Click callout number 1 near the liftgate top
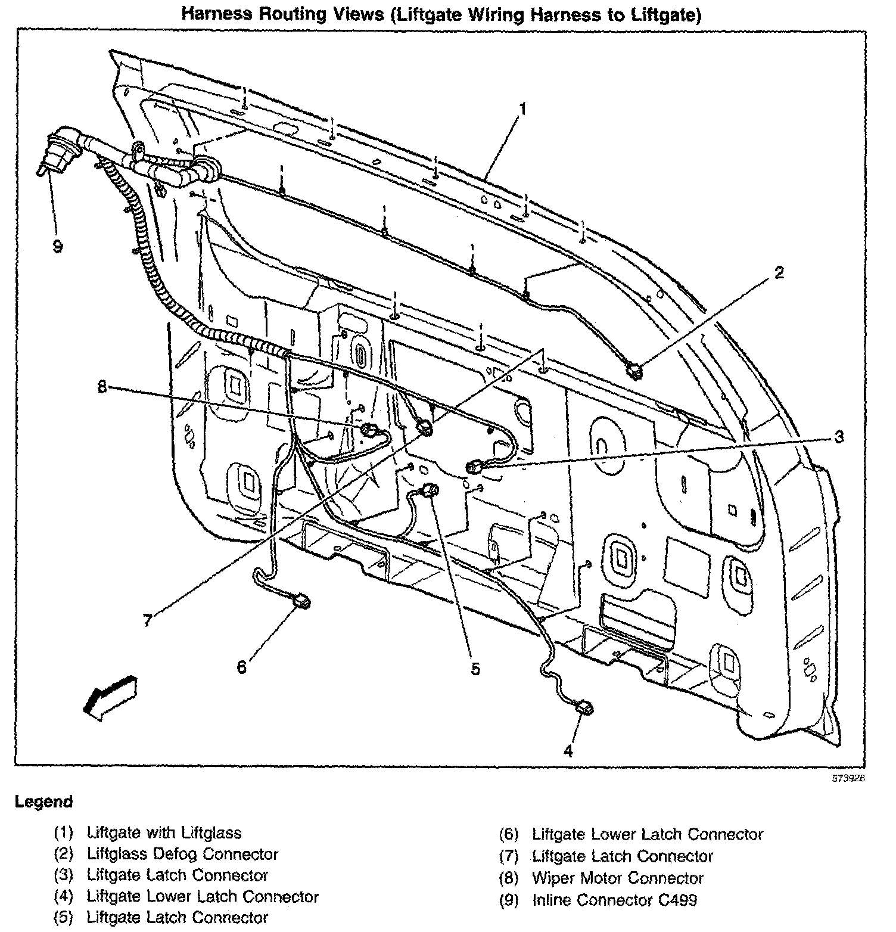tap(522, 110)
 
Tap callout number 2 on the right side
tap(778, 274)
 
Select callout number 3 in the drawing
tap(838, 437)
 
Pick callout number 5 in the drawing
tap(475, 669)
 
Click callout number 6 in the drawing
tap(241, 667)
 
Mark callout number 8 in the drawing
tap(102, 387)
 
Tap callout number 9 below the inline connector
tap(58, 246)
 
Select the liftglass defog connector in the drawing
tap(633, 372)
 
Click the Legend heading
tap(43, 801)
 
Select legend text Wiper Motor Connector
tap(617, 878)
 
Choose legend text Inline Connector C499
tap(614, 900)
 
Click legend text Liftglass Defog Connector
tap(182, 854)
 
